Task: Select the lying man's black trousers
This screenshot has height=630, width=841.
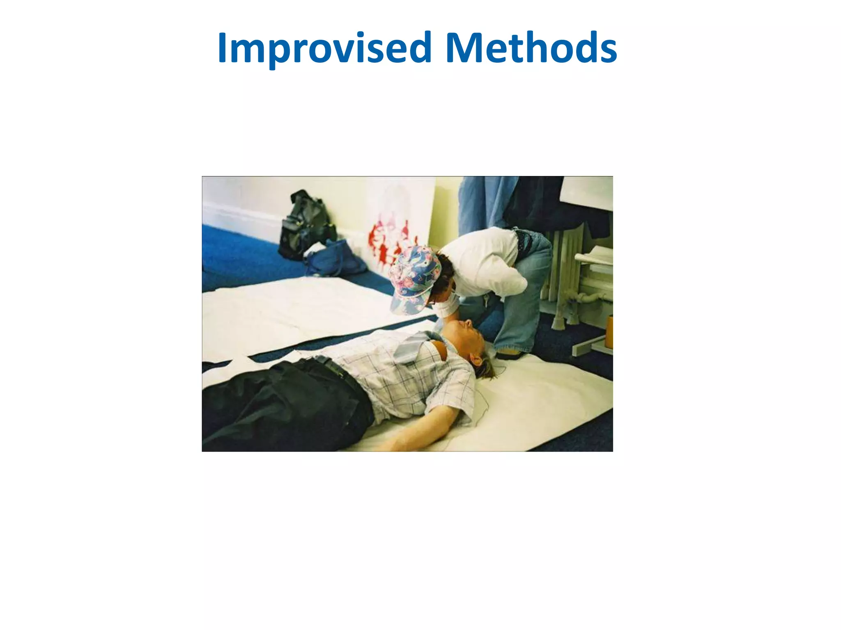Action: (x=283, y=402)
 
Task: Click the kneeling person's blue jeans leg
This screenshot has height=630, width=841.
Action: (x=522, y=304)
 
